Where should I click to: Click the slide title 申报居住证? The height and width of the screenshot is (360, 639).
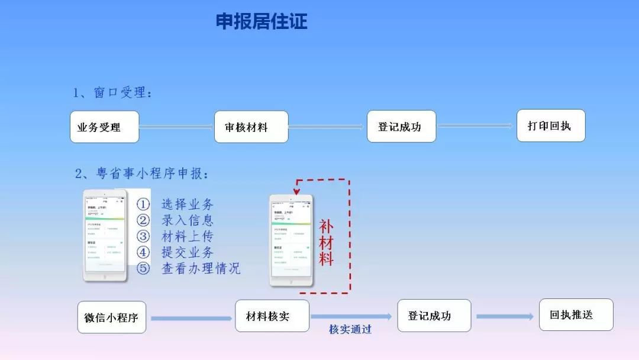[262, 22]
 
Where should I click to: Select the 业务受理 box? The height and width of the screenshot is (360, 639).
[105, 127]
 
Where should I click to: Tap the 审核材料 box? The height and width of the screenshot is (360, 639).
[251, 127]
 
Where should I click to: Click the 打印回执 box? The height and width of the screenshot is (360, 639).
[550, 126]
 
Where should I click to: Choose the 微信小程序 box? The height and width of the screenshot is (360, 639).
[112, 317]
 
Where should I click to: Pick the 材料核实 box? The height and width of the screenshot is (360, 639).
[272, 316]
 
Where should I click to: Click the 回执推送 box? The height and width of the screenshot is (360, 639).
[576, 314]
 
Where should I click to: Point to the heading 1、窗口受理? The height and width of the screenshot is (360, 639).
[112, 93]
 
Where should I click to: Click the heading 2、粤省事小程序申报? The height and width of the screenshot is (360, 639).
[141, 173]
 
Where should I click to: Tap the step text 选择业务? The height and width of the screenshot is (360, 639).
[188, 205]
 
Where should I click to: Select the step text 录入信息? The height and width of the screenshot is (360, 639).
[188, 221]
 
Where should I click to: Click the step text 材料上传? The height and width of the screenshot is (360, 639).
[188, 237]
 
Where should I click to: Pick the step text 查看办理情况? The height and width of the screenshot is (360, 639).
[201, 268]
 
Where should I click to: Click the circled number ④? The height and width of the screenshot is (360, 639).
[143, 252]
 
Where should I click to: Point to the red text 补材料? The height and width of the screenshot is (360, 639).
[327, 243]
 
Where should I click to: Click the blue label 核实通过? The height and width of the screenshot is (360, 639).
[350, 329]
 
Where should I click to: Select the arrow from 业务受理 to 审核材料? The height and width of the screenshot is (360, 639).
[176, 126]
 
